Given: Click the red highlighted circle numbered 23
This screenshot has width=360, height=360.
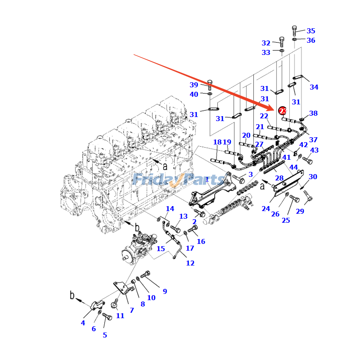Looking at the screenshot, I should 282,111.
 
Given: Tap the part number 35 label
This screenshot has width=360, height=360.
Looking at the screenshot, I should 311,31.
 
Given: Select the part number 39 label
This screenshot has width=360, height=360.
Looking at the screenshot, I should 193,85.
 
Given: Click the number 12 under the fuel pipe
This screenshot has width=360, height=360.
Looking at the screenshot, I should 190,263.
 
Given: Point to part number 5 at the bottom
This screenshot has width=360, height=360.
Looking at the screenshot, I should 105,335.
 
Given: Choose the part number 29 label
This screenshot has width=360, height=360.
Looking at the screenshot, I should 300,211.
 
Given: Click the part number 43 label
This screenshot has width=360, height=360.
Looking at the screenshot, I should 314,150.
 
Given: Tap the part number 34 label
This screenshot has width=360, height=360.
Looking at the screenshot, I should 314,87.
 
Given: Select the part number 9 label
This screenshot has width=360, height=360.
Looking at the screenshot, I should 165,291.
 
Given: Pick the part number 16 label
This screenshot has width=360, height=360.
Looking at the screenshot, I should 201,242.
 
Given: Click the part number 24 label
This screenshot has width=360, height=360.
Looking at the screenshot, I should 265,208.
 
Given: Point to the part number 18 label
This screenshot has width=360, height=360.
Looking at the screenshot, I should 217,142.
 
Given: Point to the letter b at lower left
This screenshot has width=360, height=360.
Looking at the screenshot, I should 72,295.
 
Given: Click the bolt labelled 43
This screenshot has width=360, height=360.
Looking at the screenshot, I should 307,159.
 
